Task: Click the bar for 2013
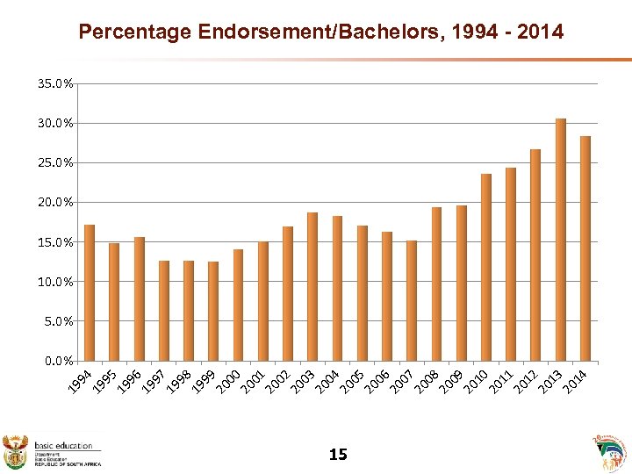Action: coord(561,240)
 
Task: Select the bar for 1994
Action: coord(90,293)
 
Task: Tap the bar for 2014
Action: coord(585,248)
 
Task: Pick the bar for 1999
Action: coord(213,311)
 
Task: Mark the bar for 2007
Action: coord(412,300)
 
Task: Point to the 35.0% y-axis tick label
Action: coord(55,84)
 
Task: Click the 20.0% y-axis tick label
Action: coord(55,203)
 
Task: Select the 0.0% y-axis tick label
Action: coord(58,361)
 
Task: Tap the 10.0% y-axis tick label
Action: coord(55,282)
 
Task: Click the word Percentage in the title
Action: coord(135,32)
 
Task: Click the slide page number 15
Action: coord(337,454)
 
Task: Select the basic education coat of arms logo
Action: coord(17,450)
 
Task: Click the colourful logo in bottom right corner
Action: coord(612,452)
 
